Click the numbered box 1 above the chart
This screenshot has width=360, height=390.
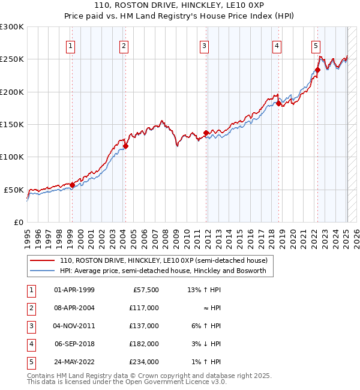(x=71, y=46)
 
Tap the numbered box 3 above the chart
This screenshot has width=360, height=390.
(x=205, y=46)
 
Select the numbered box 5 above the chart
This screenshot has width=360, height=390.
(x=316, y=46)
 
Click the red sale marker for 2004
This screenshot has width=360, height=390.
(x=125, y=146)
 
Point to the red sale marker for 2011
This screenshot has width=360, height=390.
(x=206, y=133)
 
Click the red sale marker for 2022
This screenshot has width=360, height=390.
(x=317, y=70)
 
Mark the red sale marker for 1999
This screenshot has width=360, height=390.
(x=72, y=185)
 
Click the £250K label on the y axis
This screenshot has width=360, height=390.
(x=12, y=59)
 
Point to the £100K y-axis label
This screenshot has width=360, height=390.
(x=12, y=157)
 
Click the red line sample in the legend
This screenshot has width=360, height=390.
(x=43, y=260)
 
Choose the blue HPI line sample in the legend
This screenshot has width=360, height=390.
(x=43, y=271)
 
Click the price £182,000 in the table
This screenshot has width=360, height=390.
(x=145, y=345)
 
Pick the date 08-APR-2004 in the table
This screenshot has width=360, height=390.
(x=74, y=307)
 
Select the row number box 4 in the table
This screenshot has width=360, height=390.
(x=31, y=345)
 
